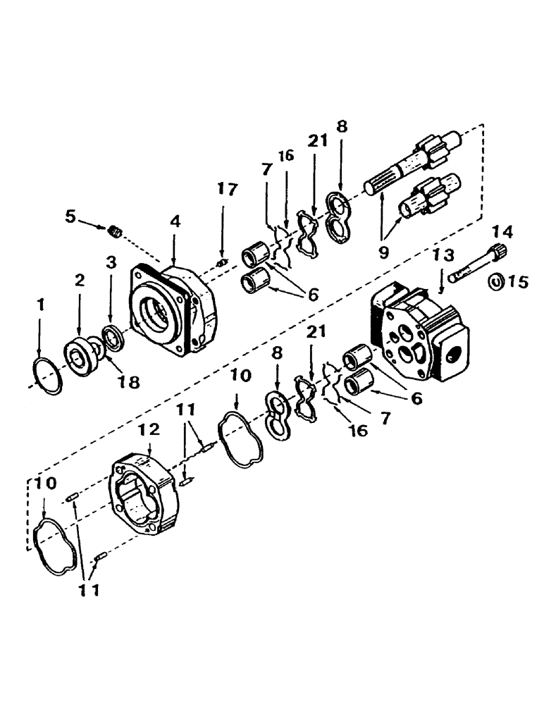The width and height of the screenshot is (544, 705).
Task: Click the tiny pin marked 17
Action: [x=220, y=263]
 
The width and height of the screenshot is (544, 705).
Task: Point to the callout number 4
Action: [x=175, y=221]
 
